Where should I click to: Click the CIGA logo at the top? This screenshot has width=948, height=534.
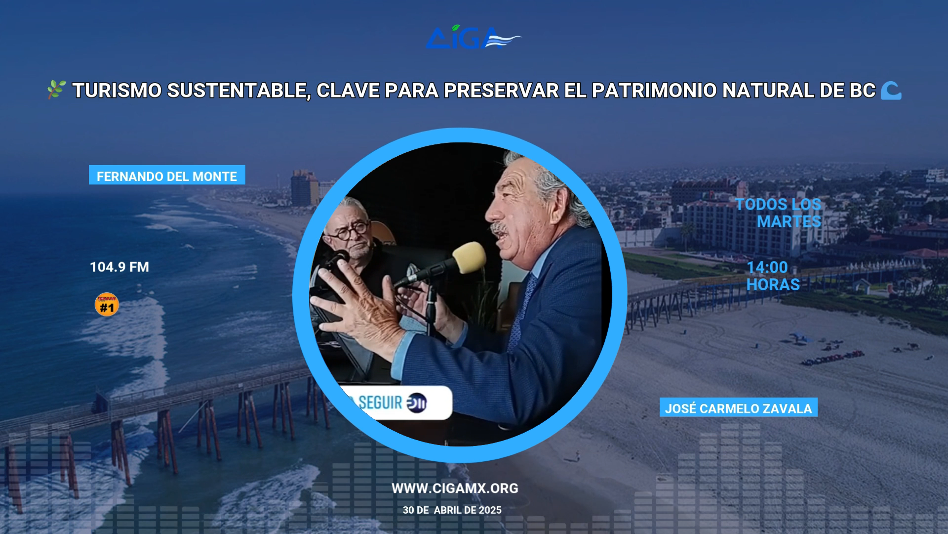473,37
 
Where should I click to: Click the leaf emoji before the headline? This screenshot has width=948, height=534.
56,90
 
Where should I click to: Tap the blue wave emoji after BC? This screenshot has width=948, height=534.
891,90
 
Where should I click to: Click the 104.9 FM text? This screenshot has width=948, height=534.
119,267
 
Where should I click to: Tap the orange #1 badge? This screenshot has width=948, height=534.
107,305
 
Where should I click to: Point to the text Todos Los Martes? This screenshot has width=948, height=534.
778,213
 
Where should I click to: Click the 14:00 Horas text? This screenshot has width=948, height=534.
773,276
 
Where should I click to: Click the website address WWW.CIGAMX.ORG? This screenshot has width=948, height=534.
455,489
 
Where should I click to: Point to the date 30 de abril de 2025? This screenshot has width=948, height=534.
452,510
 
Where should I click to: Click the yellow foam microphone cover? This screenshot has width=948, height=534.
469,257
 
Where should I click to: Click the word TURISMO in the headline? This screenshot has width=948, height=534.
117,90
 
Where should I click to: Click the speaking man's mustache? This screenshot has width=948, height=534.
500,228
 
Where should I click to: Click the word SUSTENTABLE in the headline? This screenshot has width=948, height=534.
238,91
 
